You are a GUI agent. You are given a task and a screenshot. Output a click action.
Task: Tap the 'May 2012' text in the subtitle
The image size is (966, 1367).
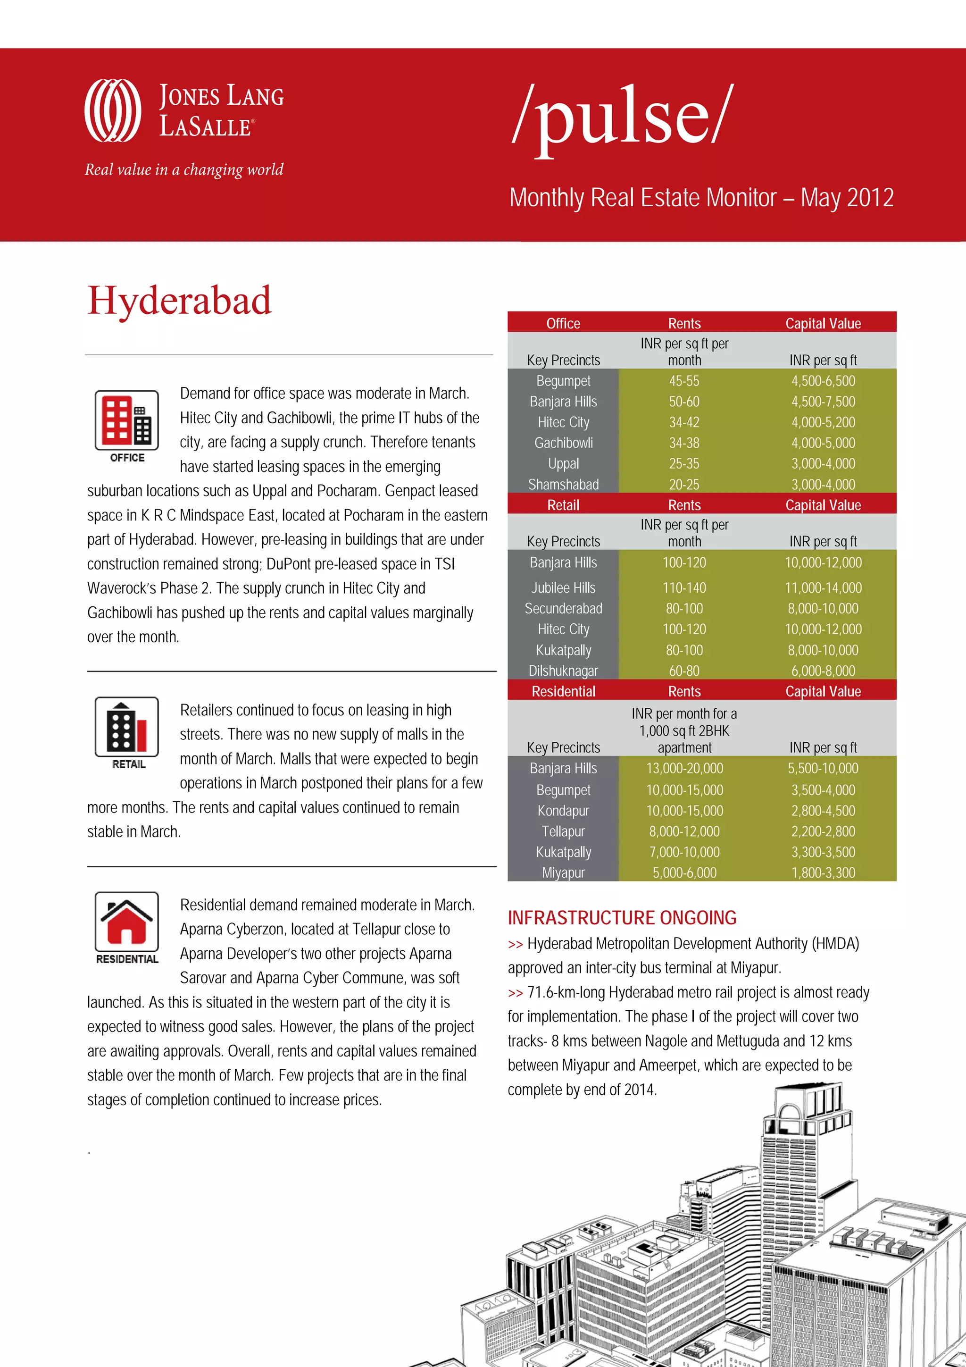847,198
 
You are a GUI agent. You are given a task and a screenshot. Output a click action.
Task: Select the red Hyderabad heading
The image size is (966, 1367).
179,301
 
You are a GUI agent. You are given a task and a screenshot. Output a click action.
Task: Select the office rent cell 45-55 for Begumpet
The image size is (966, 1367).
684,381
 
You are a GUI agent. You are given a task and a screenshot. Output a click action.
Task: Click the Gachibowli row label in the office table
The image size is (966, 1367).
563,443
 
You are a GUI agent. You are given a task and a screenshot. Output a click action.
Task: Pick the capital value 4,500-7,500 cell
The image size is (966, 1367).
823,402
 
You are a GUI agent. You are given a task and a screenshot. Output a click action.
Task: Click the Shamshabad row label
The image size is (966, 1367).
563,485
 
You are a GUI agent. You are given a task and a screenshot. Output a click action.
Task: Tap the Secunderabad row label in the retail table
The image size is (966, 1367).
563,609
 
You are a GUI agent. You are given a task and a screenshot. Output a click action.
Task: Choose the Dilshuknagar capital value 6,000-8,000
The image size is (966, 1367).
823,671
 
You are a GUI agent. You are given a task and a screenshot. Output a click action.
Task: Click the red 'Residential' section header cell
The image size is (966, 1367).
563,691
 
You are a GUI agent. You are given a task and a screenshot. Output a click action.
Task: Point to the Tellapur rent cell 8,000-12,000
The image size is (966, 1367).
684,832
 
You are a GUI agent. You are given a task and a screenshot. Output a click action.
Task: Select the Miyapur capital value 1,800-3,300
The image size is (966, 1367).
823,873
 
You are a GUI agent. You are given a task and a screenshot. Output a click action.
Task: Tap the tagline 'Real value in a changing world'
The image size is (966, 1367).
184,170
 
